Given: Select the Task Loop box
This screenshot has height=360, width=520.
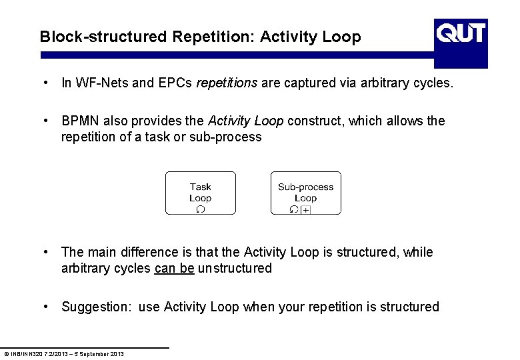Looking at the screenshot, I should [200, 193].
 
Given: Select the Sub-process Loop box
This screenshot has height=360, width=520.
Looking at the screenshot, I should [305, 193].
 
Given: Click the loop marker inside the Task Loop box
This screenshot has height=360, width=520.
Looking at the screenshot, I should [200, 209].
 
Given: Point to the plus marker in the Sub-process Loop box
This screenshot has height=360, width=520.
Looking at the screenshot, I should [305, 210].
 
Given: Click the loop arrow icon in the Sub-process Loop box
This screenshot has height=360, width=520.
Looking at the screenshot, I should [295, 209].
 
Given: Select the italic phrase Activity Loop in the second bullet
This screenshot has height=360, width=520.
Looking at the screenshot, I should [246, 121].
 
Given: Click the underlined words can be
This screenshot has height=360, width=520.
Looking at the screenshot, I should [174, 269].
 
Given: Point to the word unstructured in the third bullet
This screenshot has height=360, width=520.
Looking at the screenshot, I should [235, 269].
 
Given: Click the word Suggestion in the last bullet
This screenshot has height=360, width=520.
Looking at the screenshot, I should [96, 307].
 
